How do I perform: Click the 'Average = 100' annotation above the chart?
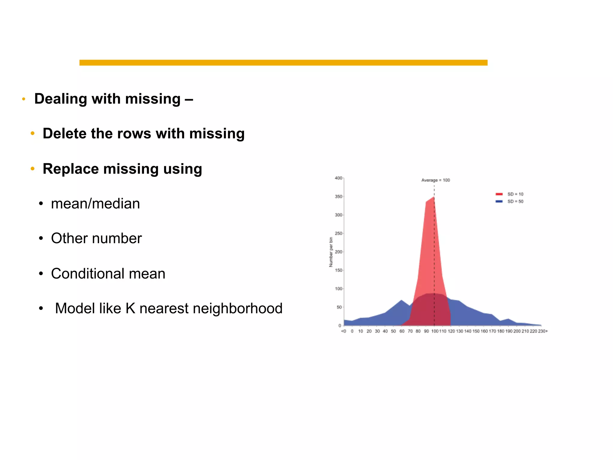tap(436, 180)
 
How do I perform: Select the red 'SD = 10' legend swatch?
tap(499, 194)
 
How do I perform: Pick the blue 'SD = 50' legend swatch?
tap(499, 201)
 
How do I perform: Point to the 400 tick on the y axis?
tap(338, 178)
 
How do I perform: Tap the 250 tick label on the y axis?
tap(338, 233)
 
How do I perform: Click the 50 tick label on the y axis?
tap(339, 307)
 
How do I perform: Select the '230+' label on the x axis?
tap(543, 331)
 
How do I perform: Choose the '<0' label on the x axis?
tap(344, 331)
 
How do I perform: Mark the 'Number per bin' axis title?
tap(331, 252)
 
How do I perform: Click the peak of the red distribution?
tap(434, 197)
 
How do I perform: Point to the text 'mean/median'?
tap(95, 204)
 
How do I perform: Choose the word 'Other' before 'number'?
tap(69, 238)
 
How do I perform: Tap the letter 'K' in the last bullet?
tap(131, 308)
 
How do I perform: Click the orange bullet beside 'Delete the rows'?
tap(33, 133)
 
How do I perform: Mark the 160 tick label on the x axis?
tap(484, 331)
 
